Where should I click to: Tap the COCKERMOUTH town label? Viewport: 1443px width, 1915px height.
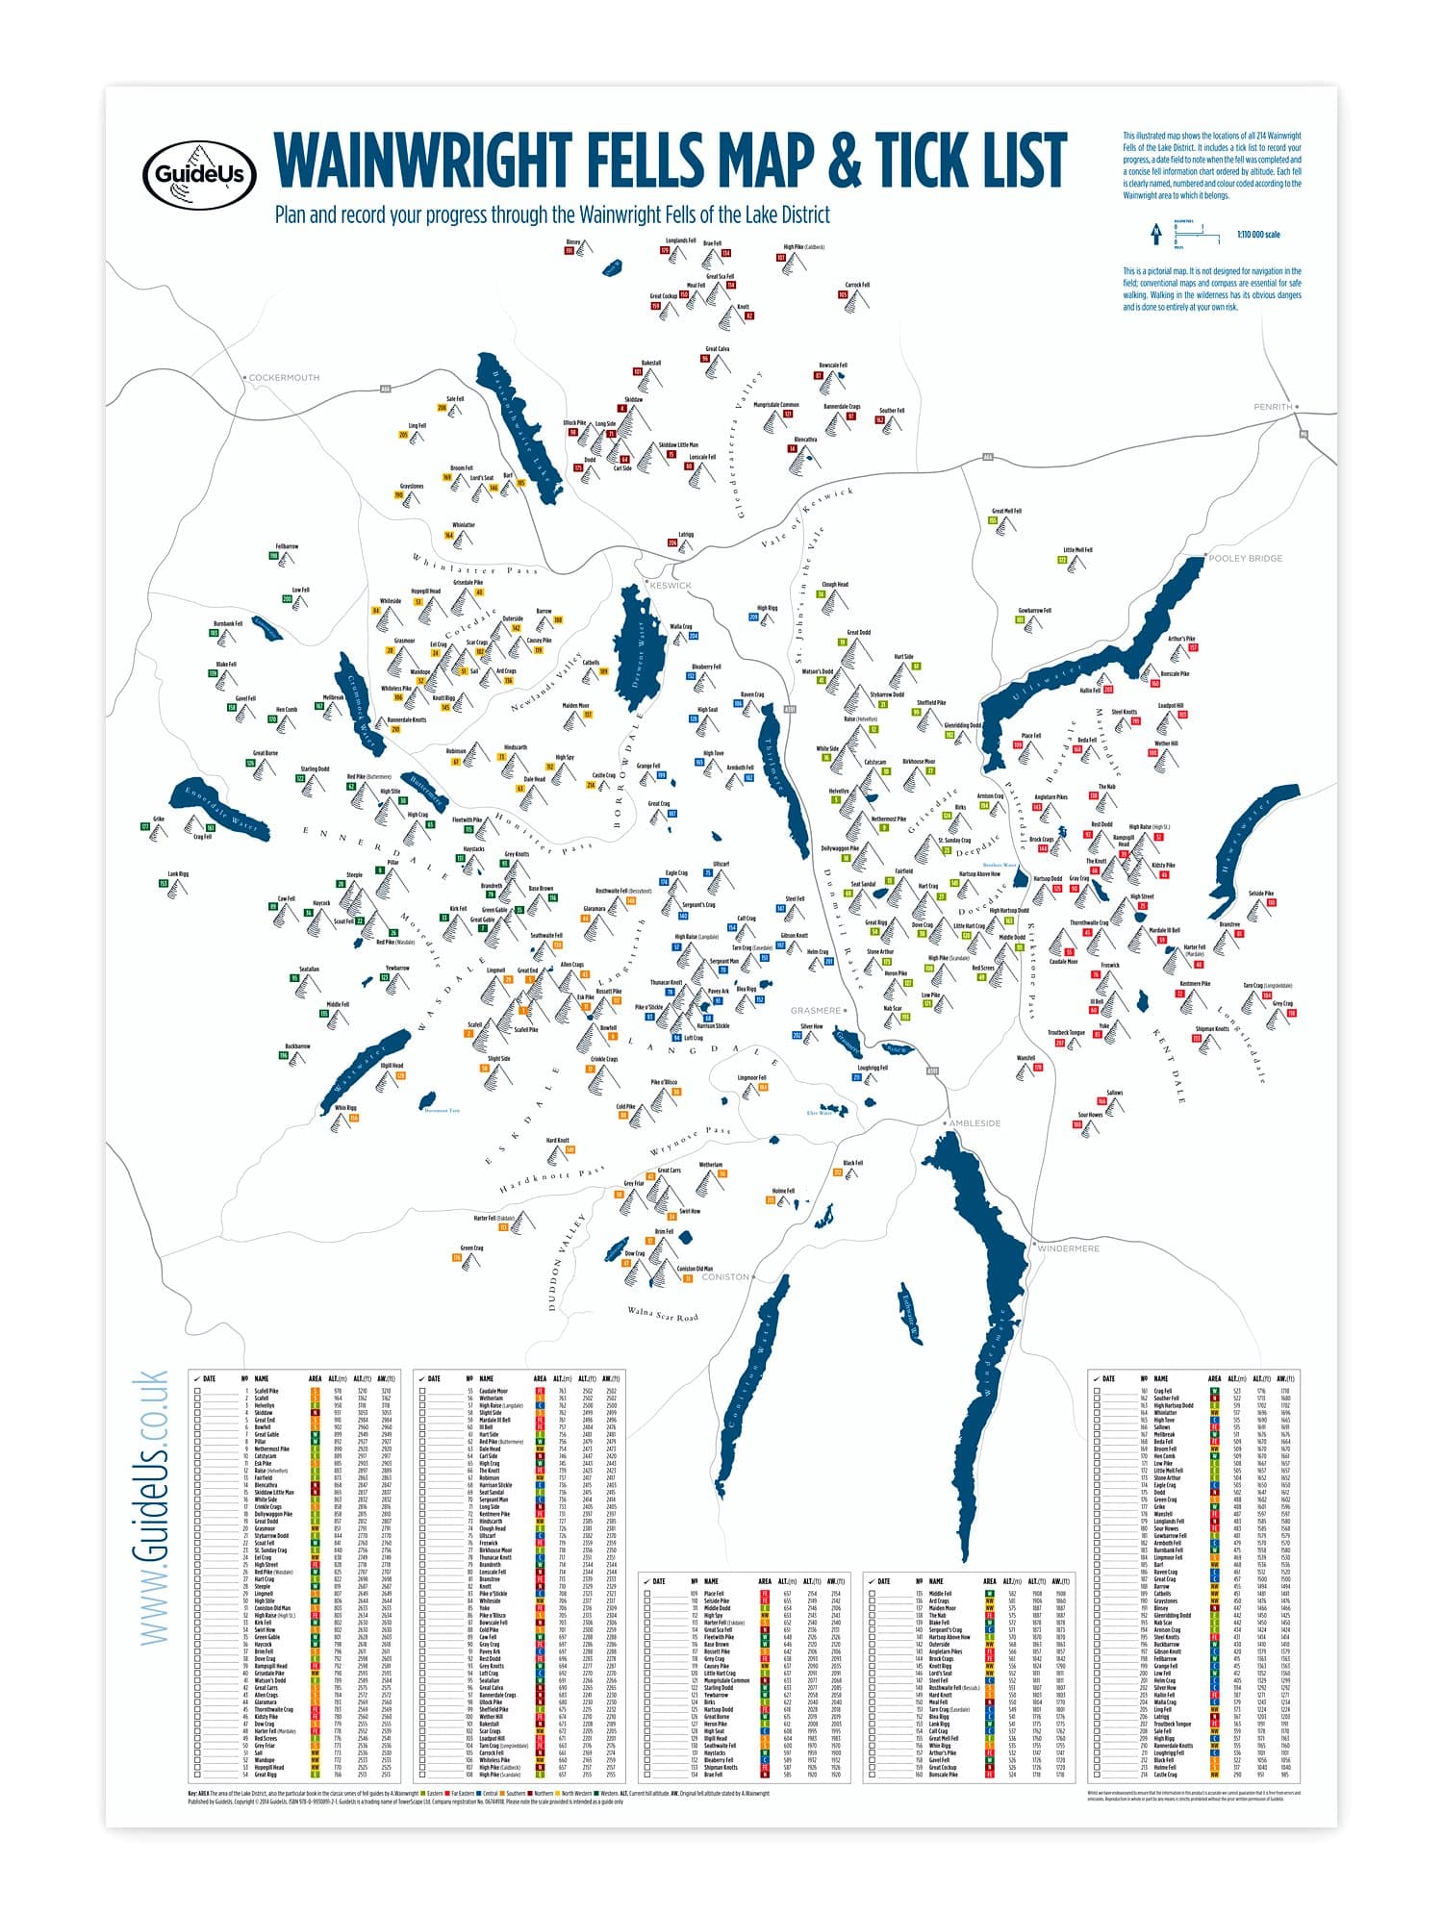tap(284, 378)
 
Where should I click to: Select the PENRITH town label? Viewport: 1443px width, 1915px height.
tap(1273, 407)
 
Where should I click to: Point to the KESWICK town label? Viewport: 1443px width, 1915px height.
tap(671, 585)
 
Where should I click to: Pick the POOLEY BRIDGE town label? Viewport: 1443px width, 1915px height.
tap(1245, 558)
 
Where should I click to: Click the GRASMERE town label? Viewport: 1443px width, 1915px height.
tap(815, 1011)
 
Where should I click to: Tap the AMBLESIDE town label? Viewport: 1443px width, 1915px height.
tap(975, 1123)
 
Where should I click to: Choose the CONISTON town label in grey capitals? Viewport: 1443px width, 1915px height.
tap(725, 1277)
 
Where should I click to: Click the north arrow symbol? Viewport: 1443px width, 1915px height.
tap(1155, 234)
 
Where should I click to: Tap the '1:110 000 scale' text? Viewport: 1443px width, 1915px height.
tap(1258, 235)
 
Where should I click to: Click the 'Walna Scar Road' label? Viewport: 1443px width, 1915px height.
tap(663, 1313)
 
